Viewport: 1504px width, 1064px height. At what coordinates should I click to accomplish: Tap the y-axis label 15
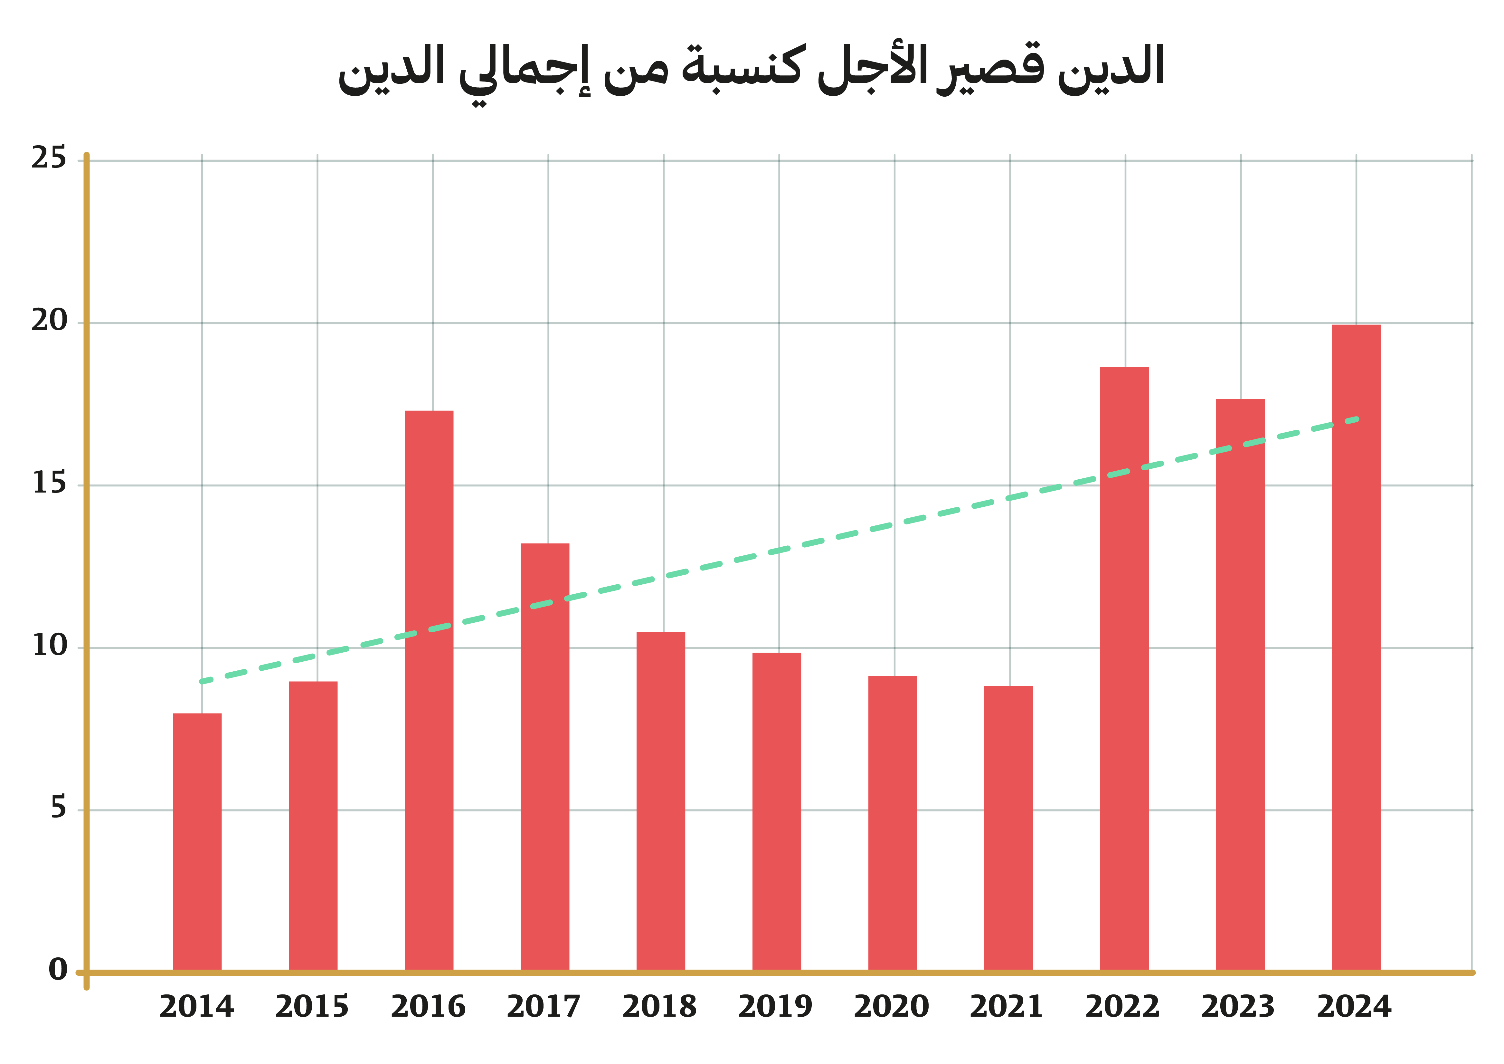[x=49, y=484]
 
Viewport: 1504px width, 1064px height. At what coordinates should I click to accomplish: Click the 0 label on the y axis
[x=58, y=970]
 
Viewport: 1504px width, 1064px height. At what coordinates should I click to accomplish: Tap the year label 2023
[x=1238, y=1007]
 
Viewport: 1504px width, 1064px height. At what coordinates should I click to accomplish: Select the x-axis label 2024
[x=1354, y=1007]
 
